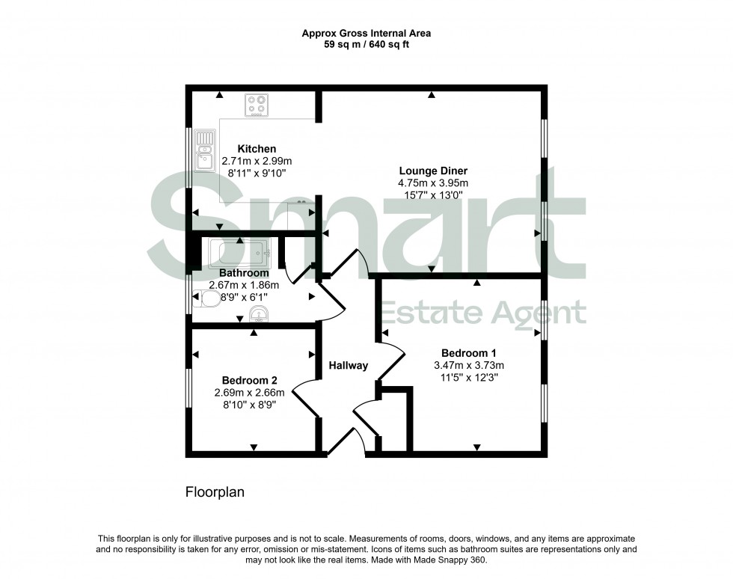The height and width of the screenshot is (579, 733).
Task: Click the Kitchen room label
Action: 257,149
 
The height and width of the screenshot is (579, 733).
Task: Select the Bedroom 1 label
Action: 469,353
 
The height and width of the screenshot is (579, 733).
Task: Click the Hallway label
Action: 349,366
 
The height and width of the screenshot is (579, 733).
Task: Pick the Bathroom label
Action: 244,272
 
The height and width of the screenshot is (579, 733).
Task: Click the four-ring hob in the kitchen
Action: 257,105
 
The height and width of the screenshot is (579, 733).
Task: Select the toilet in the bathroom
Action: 209,300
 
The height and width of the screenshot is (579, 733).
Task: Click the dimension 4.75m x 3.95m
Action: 432,183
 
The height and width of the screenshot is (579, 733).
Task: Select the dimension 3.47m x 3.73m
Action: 469,365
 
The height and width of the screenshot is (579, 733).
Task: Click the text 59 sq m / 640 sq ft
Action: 366,45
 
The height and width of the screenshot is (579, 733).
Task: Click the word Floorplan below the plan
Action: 215,493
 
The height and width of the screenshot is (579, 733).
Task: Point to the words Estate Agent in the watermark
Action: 483,313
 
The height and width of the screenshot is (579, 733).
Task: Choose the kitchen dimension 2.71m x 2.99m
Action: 257,161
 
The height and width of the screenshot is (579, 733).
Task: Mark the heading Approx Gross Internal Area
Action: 366,33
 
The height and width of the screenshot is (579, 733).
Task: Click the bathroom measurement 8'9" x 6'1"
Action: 244,297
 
